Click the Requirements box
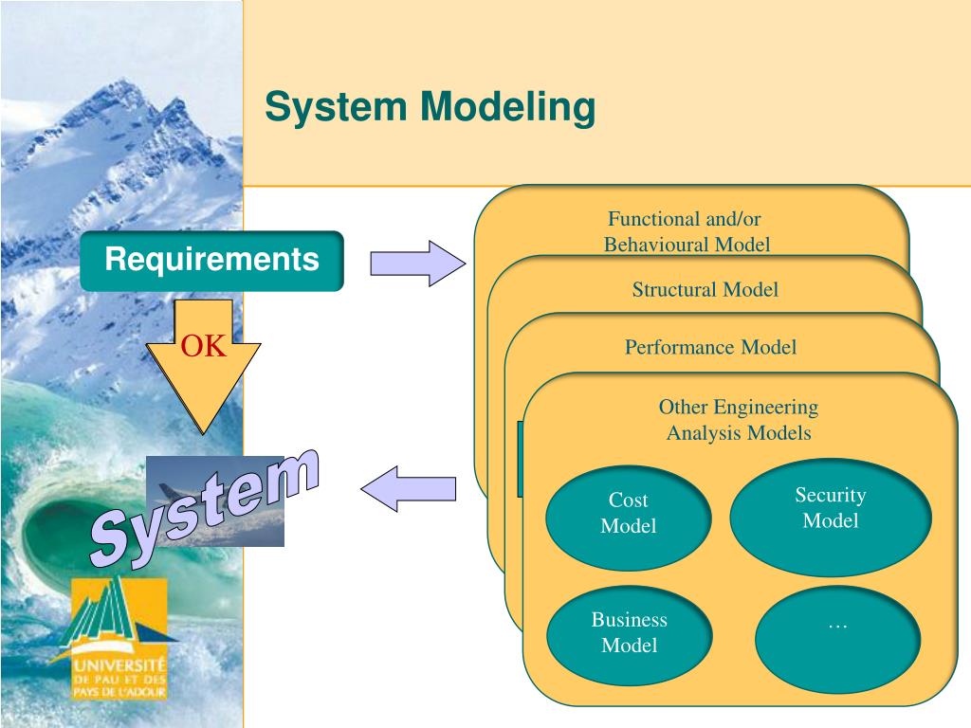tap(211, 261)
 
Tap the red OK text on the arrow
tap(203, 346)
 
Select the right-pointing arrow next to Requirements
tap(418, 264)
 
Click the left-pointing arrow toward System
tap(409, 489)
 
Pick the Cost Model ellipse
tap(628, 518)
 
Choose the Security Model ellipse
tap(831, 517)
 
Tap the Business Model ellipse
tap(630, 636)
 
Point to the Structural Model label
tap(705, 290)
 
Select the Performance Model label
tap(710, 347)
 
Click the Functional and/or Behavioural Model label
tap(687, 231)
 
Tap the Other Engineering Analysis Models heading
tap(738, 420)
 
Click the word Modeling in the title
tap(508, 108)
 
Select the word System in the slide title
tap(336, 106)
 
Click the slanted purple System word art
tap(205, 508)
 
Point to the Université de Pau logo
tap(118, 638)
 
